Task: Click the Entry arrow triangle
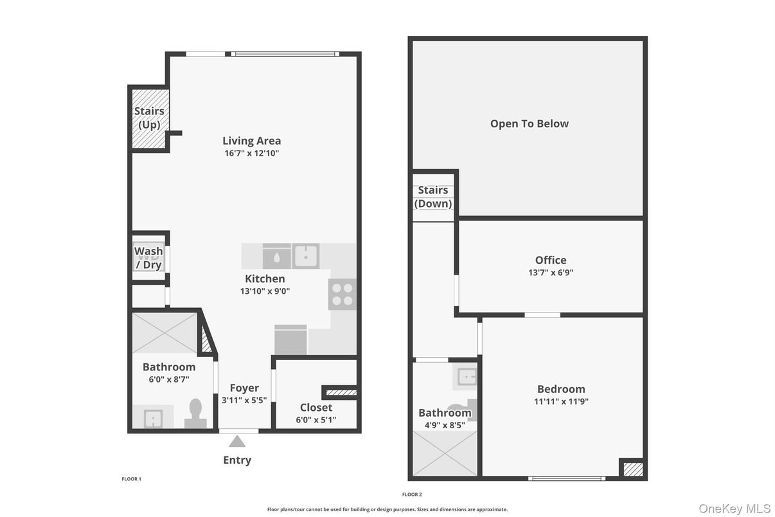coord(237,441)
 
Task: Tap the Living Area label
coord(251,141)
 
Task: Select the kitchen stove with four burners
coord(342,295)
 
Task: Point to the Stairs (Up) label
coord(149,118)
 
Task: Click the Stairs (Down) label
coord(433,197)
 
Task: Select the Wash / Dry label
coord(148,257)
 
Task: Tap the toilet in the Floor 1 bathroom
coord(196,413)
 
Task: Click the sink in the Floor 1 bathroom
coord(153,419)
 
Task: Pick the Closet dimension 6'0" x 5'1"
coord(316,420)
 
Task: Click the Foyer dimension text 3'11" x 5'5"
coord(244,400)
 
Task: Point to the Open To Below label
coord(529,123)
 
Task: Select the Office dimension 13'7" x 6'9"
coord(551,272)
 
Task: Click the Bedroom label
coord(561,389)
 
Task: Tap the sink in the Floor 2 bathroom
coord(466,377)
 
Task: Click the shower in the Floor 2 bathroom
coord(445,453)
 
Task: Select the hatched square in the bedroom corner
coord(633,469)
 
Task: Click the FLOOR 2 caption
coord(411,494)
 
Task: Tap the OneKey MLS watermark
coord(735,508)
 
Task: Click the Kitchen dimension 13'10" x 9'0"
coord(264,291)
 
